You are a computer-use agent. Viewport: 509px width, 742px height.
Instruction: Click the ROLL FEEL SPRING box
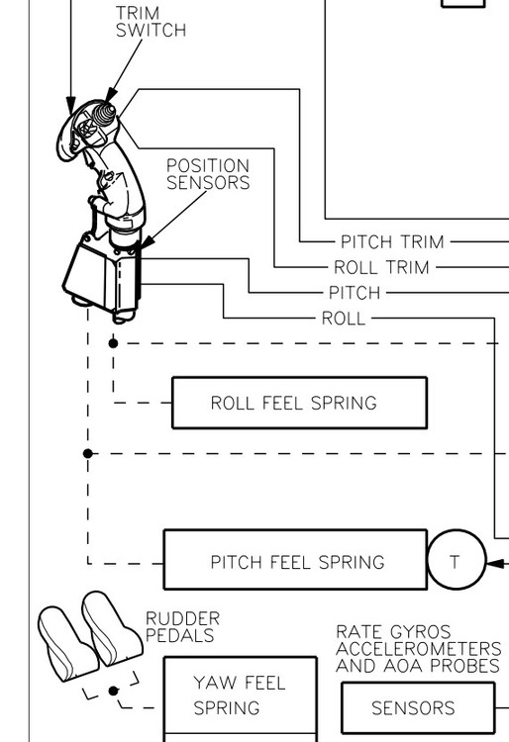click(x=299, y=403)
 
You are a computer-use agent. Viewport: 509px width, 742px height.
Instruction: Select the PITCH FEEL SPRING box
click(x=295, y=561)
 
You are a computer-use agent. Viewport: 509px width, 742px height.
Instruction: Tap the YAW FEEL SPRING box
click(x=240, y=696)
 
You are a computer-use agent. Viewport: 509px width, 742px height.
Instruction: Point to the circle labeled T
click(x=455, y=561)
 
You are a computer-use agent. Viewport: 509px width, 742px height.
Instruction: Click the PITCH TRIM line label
click(x=392, y=241)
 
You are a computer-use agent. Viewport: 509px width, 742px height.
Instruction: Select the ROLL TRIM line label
click(x=381, y=267)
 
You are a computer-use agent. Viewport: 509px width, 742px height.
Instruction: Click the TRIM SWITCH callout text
click(x=151, y=22)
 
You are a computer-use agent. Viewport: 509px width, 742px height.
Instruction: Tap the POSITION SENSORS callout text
click(x=207, y=174)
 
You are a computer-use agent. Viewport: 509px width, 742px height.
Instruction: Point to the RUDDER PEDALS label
click(x=182, y=627)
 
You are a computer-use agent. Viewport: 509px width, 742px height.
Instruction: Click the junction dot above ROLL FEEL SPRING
click(x=113, y=343)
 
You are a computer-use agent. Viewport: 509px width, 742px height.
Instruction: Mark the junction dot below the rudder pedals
click(x=113, y=691)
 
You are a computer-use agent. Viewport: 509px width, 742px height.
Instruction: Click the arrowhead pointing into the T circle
click(x=492, y=561)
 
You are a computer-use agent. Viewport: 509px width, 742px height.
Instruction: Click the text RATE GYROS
click(x=393, y=631)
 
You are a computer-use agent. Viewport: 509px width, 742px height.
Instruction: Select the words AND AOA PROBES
click(x=417, y=666)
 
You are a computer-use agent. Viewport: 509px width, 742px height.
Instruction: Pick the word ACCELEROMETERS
click(x=418, y=649)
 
